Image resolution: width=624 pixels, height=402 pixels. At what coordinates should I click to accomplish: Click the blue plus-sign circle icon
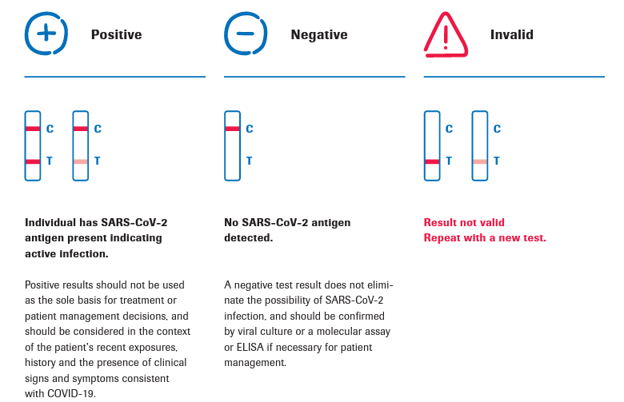pyautogui.click(x=46, y=34)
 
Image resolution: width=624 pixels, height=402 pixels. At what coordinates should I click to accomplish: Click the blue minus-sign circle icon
pyautogui.click(x=246, y=34)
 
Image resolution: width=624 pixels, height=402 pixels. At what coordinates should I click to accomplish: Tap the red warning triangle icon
pyautogui.click(x=446, y=34)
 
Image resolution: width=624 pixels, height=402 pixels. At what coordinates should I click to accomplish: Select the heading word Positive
pyautogui.click(x=116, y=34)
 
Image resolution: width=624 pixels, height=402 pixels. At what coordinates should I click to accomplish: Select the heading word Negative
pyautogui.click(x=319, y=34)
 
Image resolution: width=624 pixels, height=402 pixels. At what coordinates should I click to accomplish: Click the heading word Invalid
pyautogui.click(x=512, y=34)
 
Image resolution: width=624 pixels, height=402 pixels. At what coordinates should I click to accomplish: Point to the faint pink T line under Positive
pyautogui.click(x=80, y=161)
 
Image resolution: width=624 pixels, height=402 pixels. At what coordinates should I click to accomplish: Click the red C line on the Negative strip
pyautogui.click(x=233, y=129)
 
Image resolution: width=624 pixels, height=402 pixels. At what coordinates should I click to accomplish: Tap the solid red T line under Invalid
pyautogui.click(x=432, y=161)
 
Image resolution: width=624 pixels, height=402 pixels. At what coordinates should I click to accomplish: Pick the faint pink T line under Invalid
pyautogui.click(x=480, y=161)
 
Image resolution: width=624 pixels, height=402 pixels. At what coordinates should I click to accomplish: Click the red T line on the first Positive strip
pyautogui.click(x=33, y=161)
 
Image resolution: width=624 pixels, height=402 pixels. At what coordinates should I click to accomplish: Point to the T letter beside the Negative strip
pyautogui.click(x=249, y=161)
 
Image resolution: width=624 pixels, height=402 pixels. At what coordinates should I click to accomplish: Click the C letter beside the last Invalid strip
pyautogui.click(x=497, y=129)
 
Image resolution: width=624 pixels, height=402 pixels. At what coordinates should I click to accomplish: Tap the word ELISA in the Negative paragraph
pyautogui.click(x=250, y=347)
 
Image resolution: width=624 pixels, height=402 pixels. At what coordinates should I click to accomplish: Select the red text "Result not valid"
pyautogui.click(x=464, y=222)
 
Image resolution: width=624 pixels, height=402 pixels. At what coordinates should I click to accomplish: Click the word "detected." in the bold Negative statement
pyautogui.click(x=248, y=238)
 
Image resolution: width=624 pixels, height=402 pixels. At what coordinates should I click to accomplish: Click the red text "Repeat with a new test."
pyautogui.click(x=485, y=238)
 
